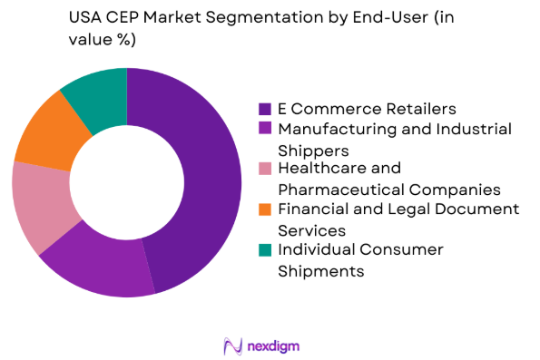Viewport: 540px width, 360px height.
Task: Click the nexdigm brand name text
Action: click(274, 345)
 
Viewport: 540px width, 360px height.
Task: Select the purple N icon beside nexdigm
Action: click(231, 345)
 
